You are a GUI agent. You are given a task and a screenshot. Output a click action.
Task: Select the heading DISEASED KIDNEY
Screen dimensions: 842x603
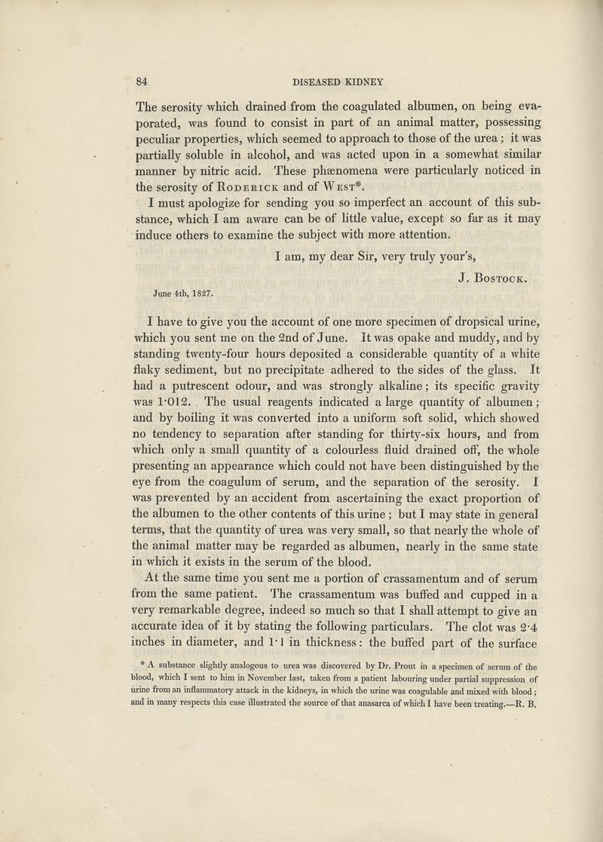tap(338, 81)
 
